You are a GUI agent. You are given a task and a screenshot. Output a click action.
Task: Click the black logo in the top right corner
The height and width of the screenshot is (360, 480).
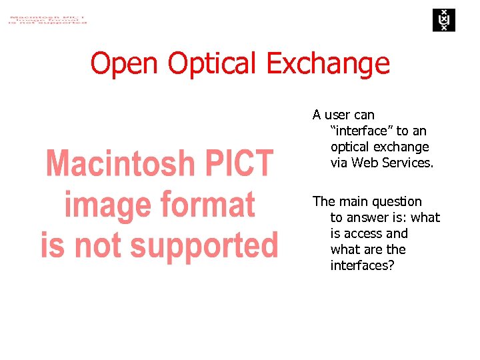tap(442, 20)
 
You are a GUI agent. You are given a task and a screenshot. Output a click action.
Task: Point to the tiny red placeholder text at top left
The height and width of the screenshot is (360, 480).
tap(47, 18)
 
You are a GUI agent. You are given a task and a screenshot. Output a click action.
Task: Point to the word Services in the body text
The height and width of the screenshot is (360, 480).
tap(407, 163)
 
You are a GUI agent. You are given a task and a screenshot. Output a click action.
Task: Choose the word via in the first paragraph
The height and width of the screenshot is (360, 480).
tap(339, 163)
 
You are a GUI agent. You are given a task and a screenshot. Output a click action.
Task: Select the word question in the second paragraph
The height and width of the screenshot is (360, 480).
tap(397, 201)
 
